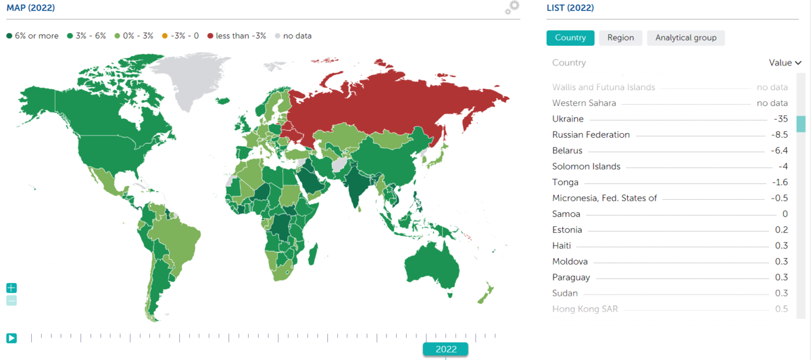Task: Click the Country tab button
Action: pyautogui.click(x=570, y=38)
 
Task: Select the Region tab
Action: pyautogui.click(x=620, y=38)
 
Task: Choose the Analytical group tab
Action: pyautogui.click(x=685, y=38)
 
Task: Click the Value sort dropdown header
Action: pyautogui.click(x=785, y=63)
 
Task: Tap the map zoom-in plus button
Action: pyautogui.click(x=11, y=288)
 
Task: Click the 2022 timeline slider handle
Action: pyautogui.click(x=445, y=349)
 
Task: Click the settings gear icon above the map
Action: pyautogui.click(x=512, y=8)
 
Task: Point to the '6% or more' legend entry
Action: pyautogui.click(x=32, y=36)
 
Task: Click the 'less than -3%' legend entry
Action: pyautogui.click(x=237, y=36)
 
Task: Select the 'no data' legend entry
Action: pyautogui.click(x=293, y=36)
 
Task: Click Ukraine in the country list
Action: pyautogui.click(x=568, y=119)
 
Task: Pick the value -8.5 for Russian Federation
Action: pyautogui.click(x=779, y=134)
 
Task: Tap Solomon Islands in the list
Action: pyautogui.click(x=586, y=166)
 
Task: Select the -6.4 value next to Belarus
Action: pyautogui.click(x=779, y=151)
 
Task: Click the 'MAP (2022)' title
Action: pyautogui.click(x=31, y=8)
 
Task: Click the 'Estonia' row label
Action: pyautogui.click(x=567, y=230)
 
